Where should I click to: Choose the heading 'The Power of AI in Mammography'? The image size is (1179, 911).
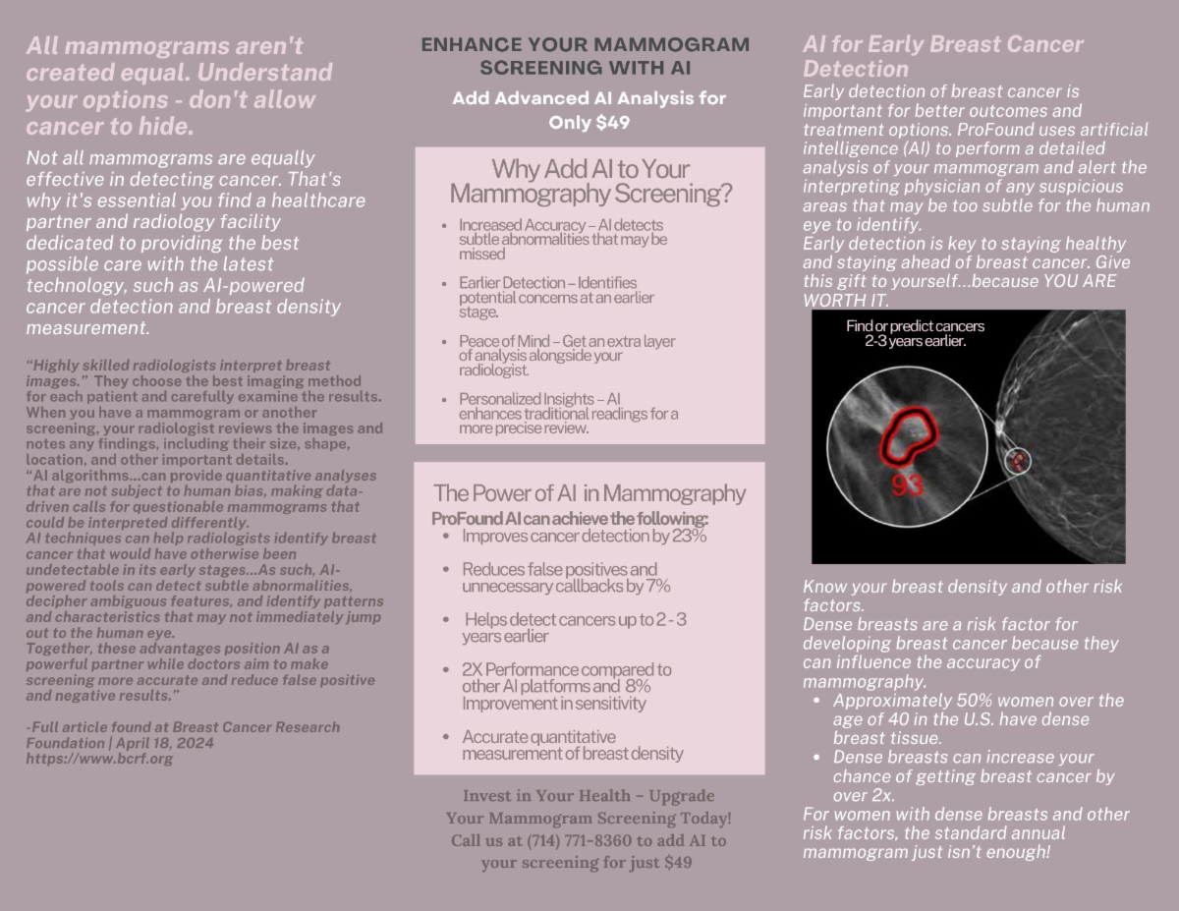(x=589, y=493)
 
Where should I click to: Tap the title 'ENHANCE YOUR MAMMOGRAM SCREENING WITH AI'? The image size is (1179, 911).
(x=585, y=56)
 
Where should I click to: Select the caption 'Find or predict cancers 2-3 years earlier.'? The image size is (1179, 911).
(x=915, y=333)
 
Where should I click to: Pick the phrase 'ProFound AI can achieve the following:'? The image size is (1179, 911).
(x=570, y=519)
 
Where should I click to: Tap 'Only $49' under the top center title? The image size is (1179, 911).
(x=589, y=123)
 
